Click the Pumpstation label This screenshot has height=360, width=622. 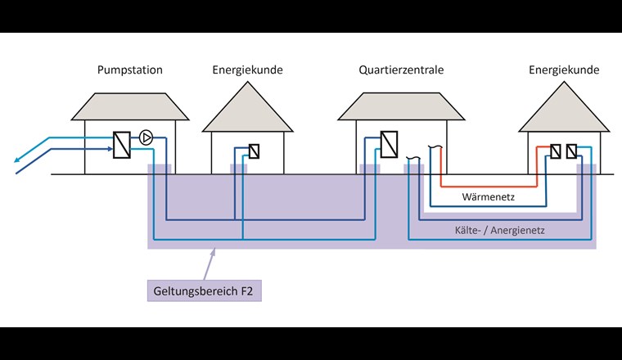tap(130, 70)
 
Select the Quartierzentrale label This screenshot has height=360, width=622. tap(401, 70)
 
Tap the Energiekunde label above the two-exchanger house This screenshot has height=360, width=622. tap(564, 70)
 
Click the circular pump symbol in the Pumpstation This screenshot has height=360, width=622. tap(146, 137)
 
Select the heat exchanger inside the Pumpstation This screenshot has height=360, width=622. tap(122, 145)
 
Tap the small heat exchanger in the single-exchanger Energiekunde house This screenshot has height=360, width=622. tap(254, 151)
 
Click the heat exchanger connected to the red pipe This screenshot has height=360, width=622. tap(556, 151)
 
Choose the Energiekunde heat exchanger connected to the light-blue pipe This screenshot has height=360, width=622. tap(571, 151)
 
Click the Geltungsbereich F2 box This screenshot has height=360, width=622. tap(202, 290)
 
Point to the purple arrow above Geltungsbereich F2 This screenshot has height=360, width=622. tap(208, 263)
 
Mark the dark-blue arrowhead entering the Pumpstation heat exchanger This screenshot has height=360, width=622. tap(110, 149)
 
